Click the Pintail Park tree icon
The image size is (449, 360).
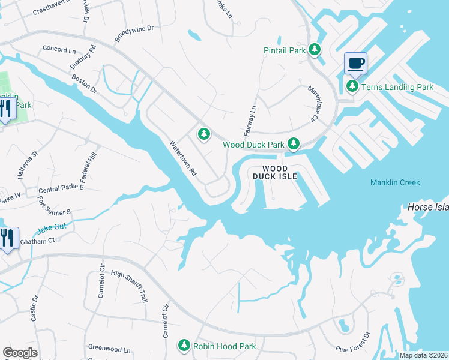tap(314, 50)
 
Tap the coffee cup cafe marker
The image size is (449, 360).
tap(355, 63)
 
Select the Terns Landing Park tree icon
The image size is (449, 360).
tap(352, 87)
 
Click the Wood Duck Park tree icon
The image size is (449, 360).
tap(293, 144)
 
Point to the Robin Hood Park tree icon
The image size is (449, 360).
tap(184, 346)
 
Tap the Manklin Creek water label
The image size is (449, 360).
tap(395, 182)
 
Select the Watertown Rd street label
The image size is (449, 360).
tap(184, 158)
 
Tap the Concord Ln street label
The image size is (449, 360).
tap(59, 49)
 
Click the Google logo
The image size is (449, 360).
tap(20, 353)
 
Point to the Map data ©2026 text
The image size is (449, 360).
tap(423, 355)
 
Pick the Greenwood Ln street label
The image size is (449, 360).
tap(109, 349)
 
